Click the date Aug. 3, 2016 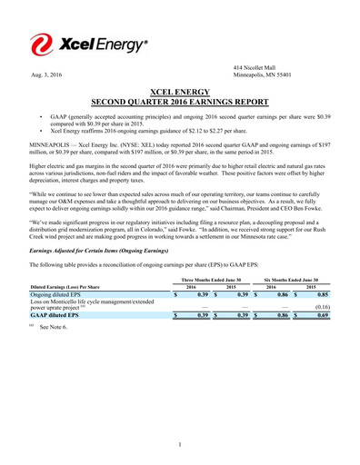(x=46, y=74)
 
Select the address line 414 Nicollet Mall (x=255, y=67)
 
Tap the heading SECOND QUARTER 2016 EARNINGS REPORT (x=180, y=103)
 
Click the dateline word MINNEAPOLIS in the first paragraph (x=54, y=143)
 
